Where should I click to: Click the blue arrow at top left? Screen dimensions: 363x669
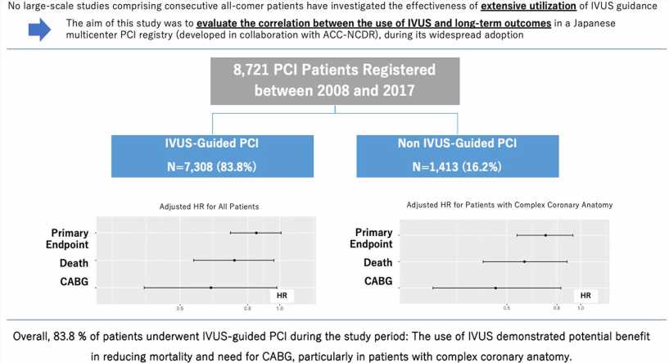tap(40, 30)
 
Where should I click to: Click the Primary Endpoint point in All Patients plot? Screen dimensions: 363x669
tap(256, 233)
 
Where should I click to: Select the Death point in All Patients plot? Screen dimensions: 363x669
tap(234, 261)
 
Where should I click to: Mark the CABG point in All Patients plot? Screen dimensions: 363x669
tap(211, 288)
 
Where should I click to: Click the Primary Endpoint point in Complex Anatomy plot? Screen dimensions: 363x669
tap(545, 235)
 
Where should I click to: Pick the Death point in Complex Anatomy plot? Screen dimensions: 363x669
tap(524, 261)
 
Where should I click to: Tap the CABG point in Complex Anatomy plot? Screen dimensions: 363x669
tap(495, 288)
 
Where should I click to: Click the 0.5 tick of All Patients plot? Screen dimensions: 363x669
tap(179, 308)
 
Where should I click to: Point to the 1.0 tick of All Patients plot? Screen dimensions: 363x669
tap(280, 308)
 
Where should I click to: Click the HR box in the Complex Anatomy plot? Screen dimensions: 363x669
tap(585, 294)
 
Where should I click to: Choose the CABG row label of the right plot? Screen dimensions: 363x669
tap(377, 282)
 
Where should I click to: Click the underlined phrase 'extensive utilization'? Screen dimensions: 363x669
tap(526, 7)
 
